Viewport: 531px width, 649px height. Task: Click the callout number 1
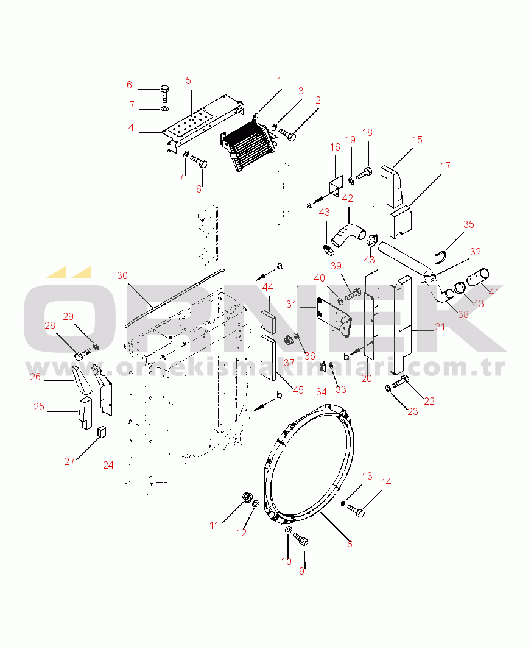click(x=280, y=80)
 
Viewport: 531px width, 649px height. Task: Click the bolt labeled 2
click(x=288, y=134)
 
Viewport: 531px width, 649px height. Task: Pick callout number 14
click(x=386, y=483)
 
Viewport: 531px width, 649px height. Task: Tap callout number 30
click(x=122, y=275)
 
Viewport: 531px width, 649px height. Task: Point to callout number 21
click(x=440, y=327)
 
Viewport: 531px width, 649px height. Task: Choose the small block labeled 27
click(x=102, y=431)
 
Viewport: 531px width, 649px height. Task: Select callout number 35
click(x=468, y=224)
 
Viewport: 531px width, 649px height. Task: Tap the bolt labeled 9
click(x=301, y=540)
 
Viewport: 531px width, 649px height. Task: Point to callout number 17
click(x=445, y=166)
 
